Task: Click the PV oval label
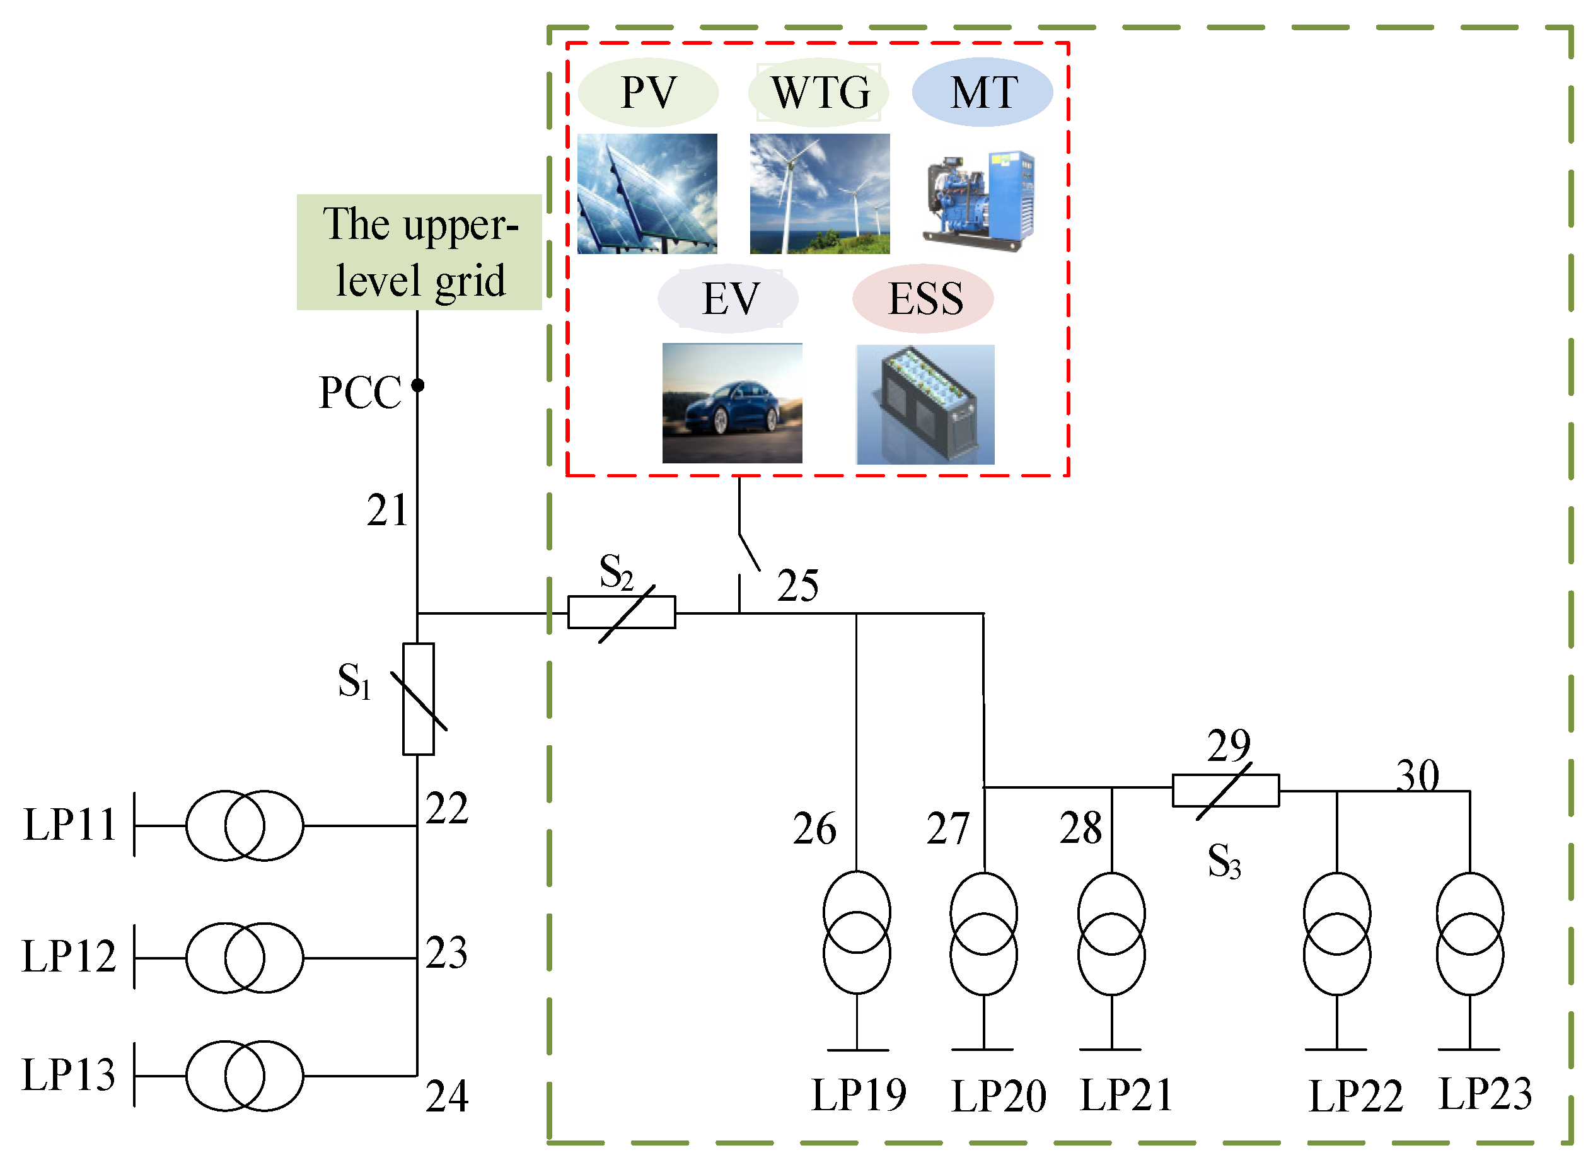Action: [647, 92]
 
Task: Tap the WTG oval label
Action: [820, 92]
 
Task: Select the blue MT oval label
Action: [982, 92]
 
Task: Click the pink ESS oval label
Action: [923, 298]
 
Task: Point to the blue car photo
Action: [732, 403]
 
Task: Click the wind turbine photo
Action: [820, 193]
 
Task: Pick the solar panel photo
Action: [647, 193]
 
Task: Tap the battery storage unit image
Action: [925, 404]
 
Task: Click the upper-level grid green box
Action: [419, 252]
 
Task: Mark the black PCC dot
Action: [418, 385]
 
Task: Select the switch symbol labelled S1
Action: [418, 699]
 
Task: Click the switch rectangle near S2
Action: [622, 612]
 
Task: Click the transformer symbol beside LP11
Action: [245, 826]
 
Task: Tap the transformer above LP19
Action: [857, 932]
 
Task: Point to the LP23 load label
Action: [1485, 1093]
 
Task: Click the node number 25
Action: [797, 586]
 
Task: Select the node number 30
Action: [1417, 775]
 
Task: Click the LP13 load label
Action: [68, 1074]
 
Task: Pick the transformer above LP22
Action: [1336, 934]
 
